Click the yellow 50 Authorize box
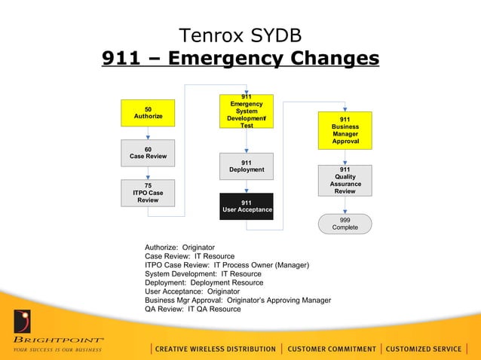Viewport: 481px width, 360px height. (x=148, y=113)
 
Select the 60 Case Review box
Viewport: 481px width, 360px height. (x=148, y=153)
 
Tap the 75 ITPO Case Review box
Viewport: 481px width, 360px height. (x=148, y=193)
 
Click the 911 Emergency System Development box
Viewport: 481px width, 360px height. (x=247, y=111)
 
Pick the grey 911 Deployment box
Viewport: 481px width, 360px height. (x=247, y=166)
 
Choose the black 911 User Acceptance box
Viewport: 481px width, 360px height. (x=247, y=206)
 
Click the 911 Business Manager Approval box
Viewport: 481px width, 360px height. (x=345, y=130)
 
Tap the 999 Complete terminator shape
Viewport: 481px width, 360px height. (x=345, y=224)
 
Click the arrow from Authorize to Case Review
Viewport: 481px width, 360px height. (x=148, y=133)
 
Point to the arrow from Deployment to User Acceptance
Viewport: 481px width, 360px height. (x=247, y=187)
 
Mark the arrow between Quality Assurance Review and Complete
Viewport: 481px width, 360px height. (x=345, y=205)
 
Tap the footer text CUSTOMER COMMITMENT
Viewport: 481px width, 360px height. (x=332, y=349)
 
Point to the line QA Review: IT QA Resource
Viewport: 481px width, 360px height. (x=193, y=309)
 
